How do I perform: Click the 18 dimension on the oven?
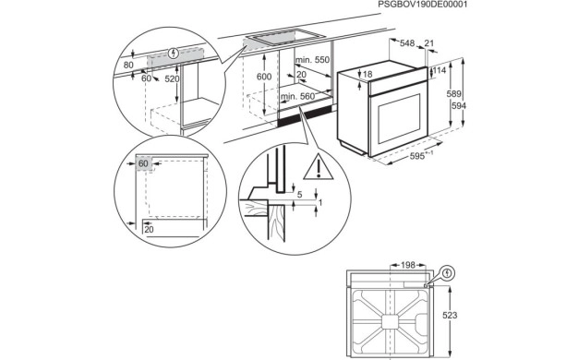367,75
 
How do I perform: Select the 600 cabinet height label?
264,77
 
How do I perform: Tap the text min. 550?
311,60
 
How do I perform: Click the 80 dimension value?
127,65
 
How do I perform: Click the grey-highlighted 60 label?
144,164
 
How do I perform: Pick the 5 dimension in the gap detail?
300,195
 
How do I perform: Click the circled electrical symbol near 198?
446,273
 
